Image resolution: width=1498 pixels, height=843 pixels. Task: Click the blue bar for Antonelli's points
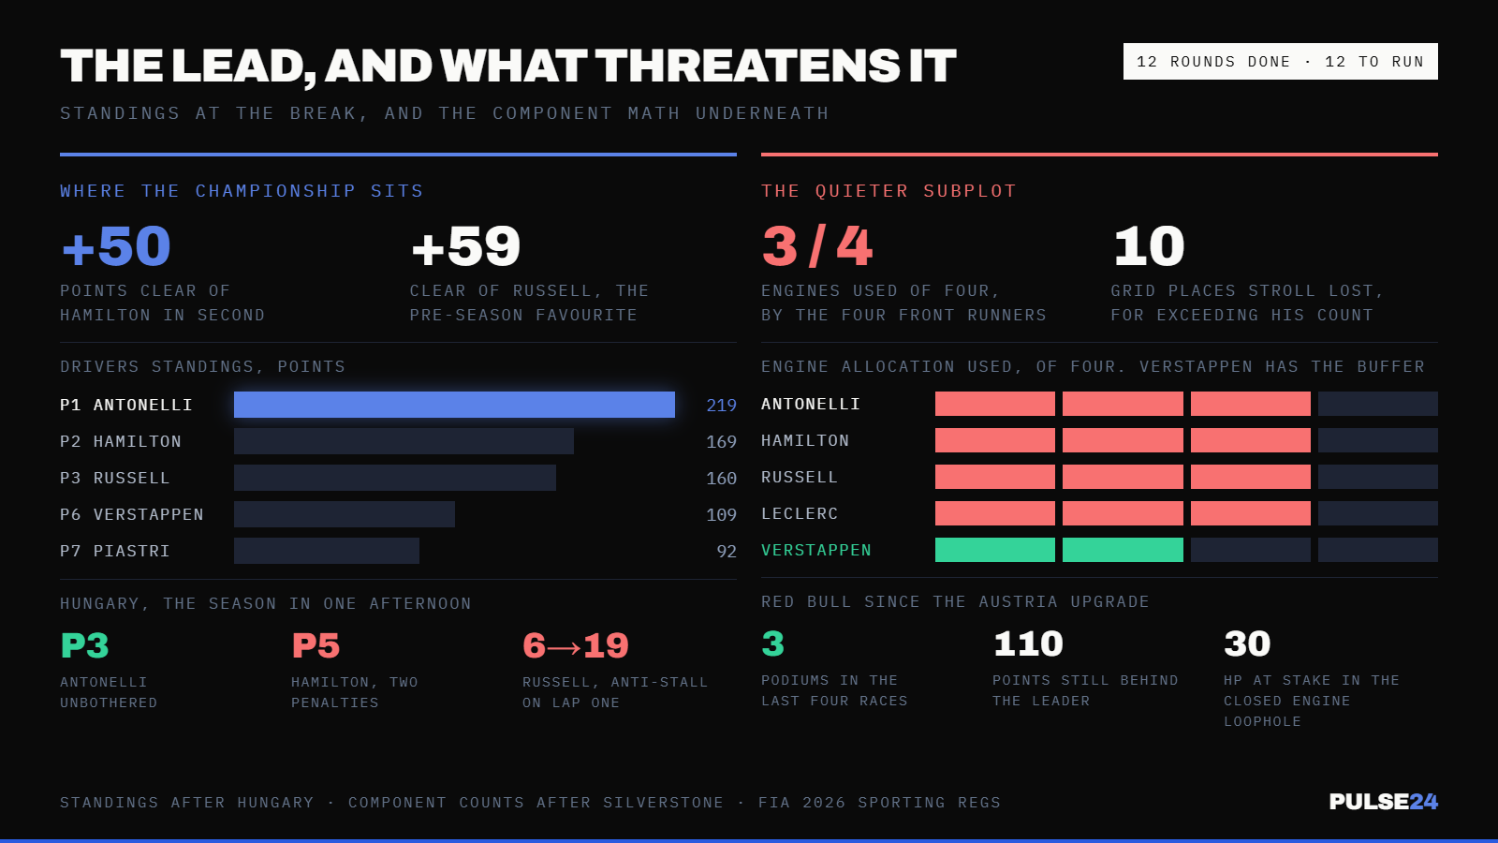(454, 405)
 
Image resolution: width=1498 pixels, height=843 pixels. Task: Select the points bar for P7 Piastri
(327, 551)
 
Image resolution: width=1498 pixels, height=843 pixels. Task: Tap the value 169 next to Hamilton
(721, 441)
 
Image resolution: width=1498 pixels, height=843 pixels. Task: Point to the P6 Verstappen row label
(132, 514)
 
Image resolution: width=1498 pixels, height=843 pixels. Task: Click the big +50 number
(116, 246)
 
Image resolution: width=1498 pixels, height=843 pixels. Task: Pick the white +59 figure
(465, 246)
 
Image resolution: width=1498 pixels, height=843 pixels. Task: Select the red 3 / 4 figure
(817, 246)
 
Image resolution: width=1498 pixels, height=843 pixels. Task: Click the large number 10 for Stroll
(1149, 246)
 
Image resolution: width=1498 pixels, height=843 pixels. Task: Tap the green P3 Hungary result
(84, 645)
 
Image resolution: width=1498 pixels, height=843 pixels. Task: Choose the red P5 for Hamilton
(316, 645)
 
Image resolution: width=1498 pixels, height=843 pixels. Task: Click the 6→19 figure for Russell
(576, 645)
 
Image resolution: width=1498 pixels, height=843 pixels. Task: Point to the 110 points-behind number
(1029, 643)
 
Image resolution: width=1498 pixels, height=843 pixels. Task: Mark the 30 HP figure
(1247, 643)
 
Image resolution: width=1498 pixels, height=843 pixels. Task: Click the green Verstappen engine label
(816, 550)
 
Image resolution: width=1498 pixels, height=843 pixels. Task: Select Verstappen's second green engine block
(1123, 550)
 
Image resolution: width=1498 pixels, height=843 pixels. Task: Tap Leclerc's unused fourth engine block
(1377, 513)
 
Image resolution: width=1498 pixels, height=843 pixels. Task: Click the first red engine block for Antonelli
(995, 404)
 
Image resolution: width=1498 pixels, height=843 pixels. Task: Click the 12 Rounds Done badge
(1281, 62)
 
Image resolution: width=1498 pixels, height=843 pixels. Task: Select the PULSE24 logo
(1384, 802)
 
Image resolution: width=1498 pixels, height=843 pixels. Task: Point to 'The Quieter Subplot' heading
(889, 191)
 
